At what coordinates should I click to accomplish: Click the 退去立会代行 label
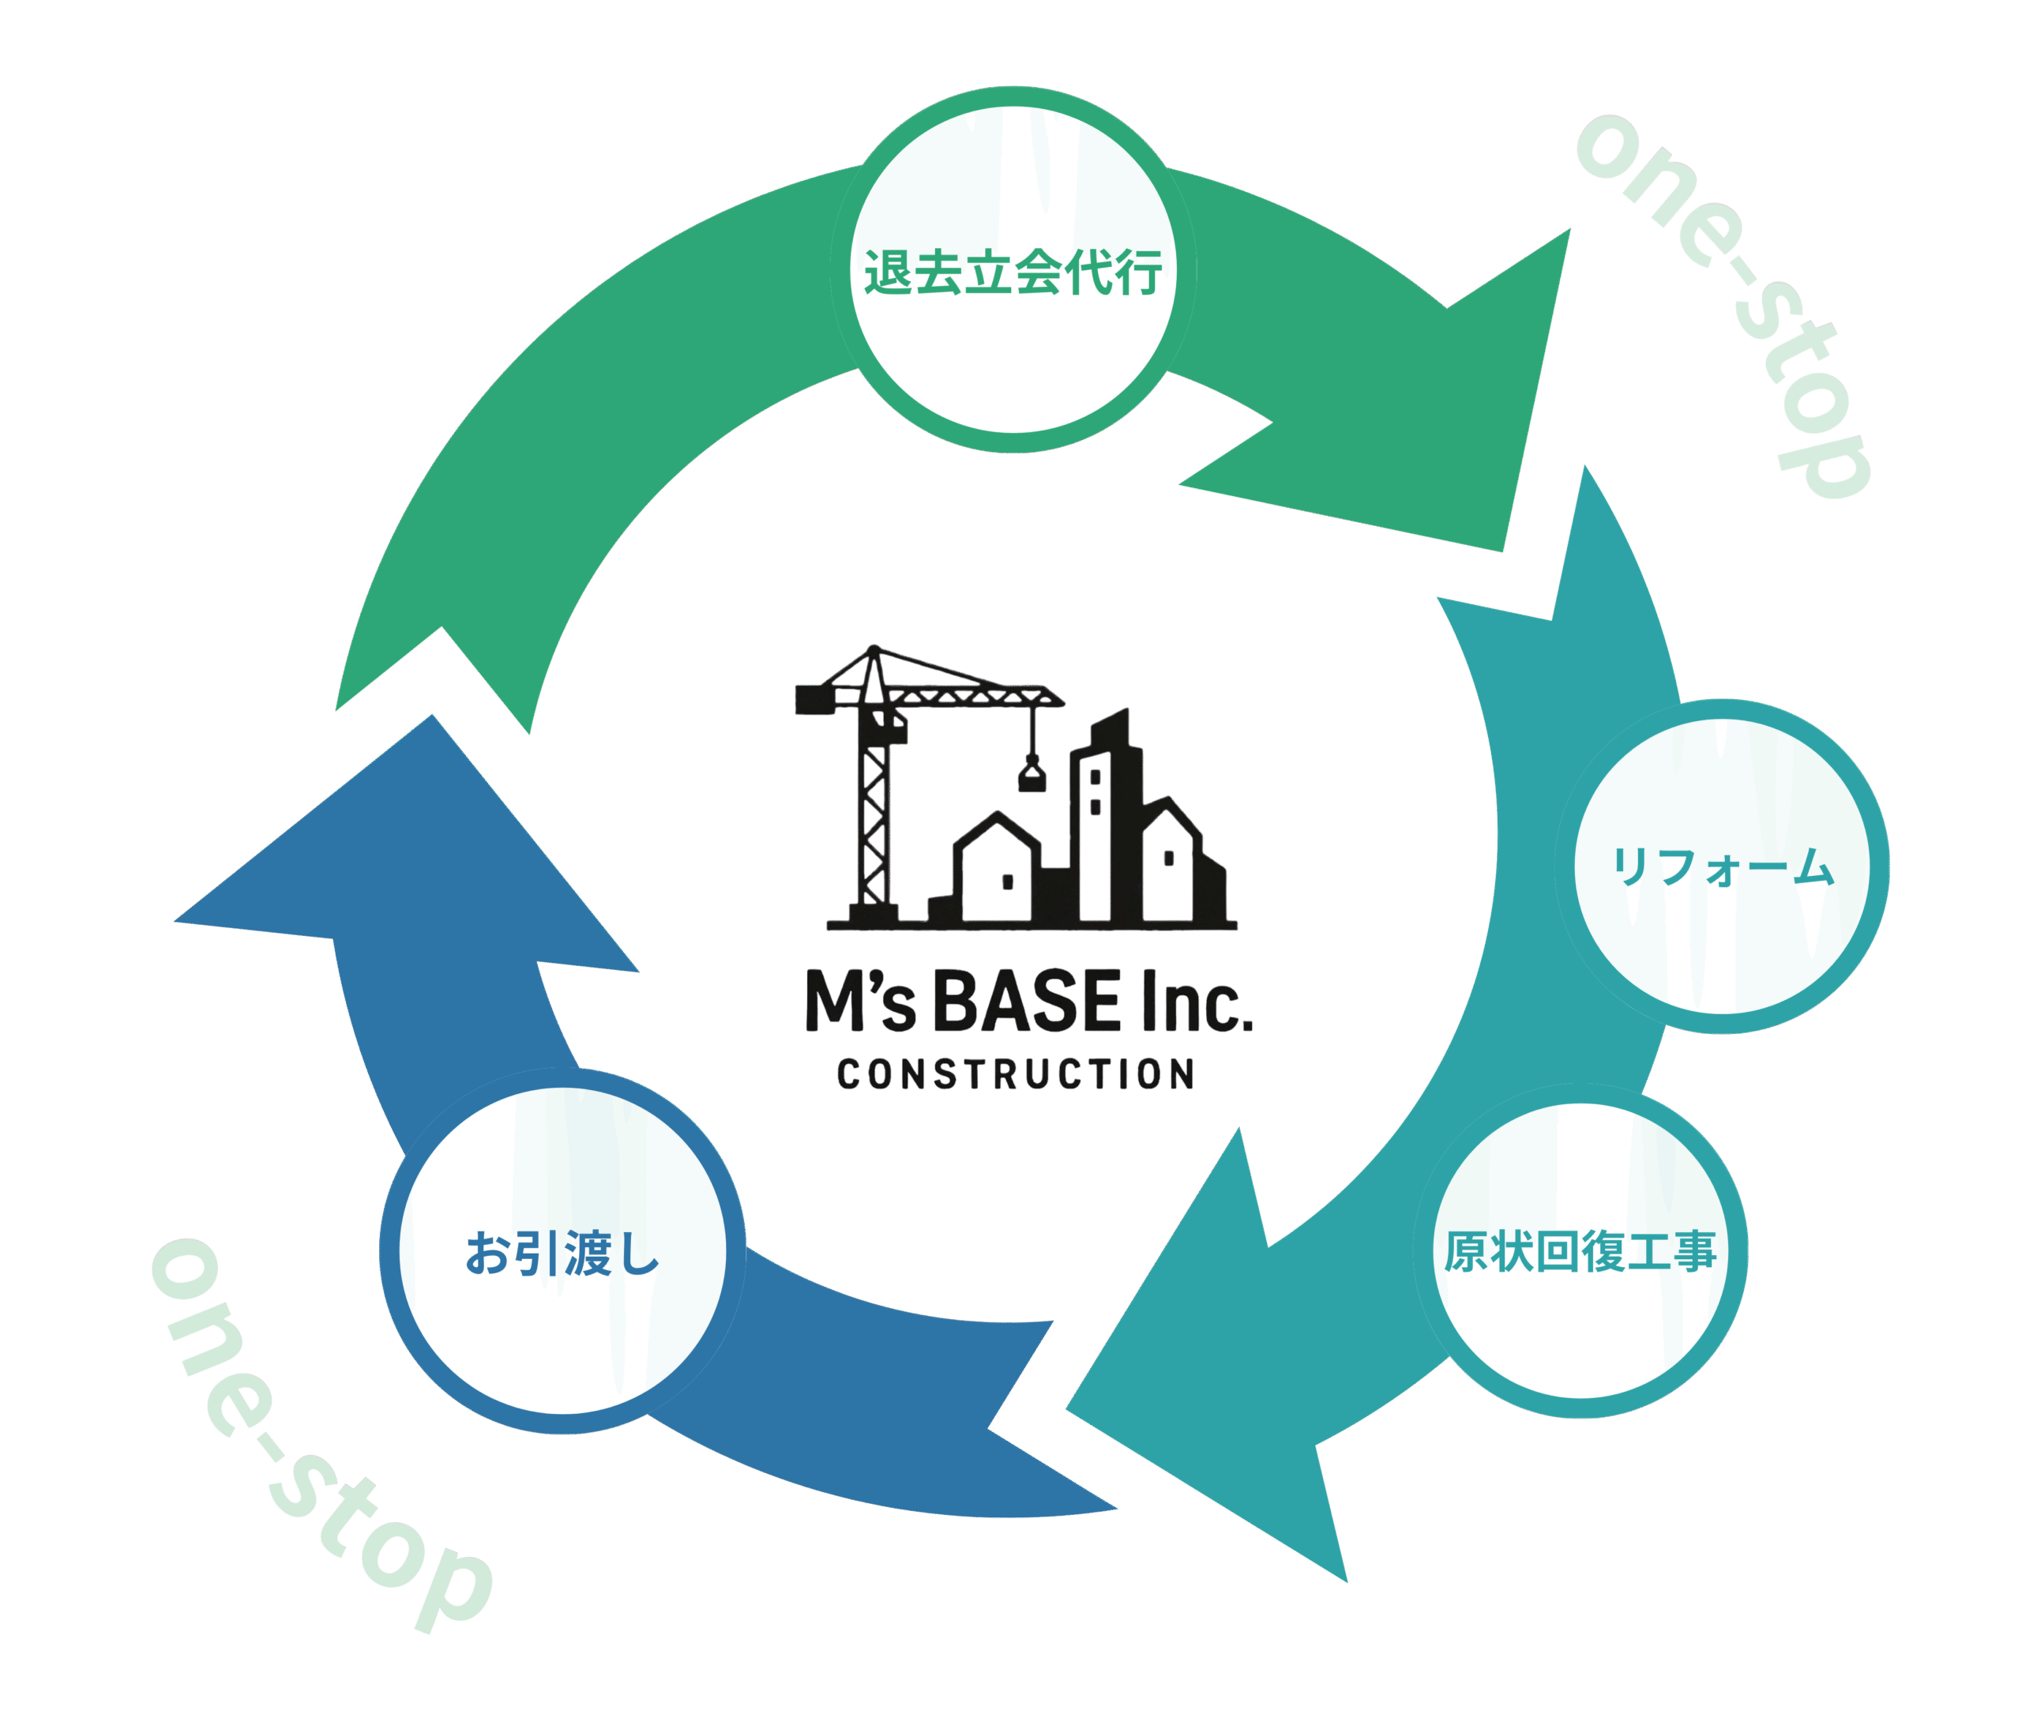point(1012,273)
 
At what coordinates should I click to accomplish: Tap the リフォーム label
point(1723,866)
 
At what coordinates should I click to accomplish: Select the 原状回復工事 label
point(1580,1252)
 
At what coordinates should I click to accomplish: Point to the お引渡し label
point(563,1254)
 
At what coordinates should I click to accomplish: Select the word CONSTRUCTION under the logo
point(1016,1074)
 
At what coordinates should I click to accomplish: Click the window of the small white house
point(1008,882)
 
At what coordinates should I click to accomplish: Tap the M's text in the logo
point(859,1003)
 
